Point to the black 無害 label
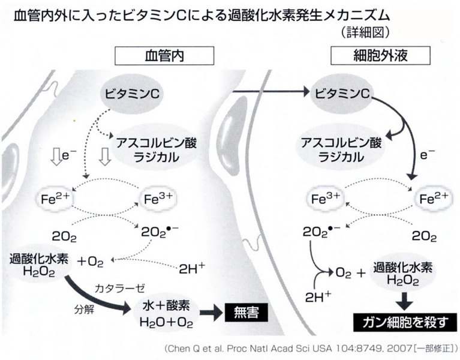tap(244, 311)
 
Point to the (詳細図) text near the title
tap(363, 29)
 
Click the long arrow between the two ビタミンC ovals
tap(270, 92)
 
